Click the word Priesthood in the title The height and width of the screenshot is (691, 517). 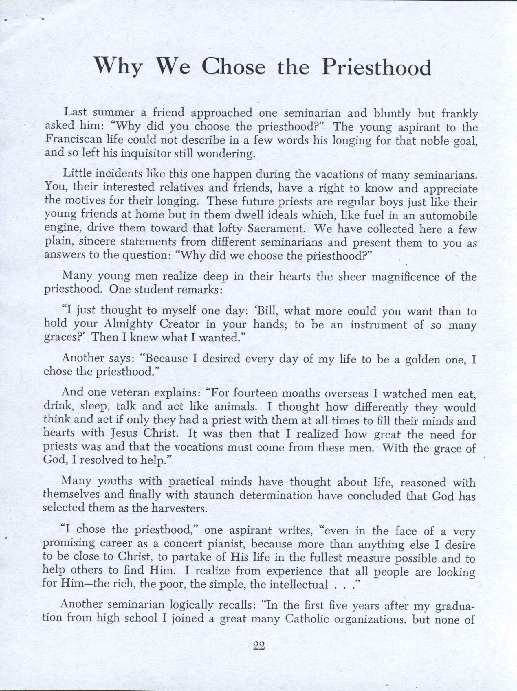tap(376, 67)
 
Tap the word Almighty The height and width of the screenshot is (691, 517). tap(128, 324)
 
